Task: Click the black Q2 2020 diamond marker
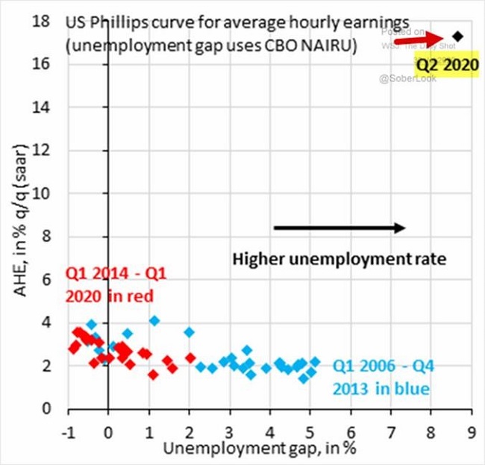pos(457,36)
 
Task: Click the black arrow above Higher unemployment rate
pos(339,228)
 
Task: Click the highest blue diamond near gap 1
pos(154,321)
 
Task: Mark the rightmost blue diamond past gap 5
pos(315,361)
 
